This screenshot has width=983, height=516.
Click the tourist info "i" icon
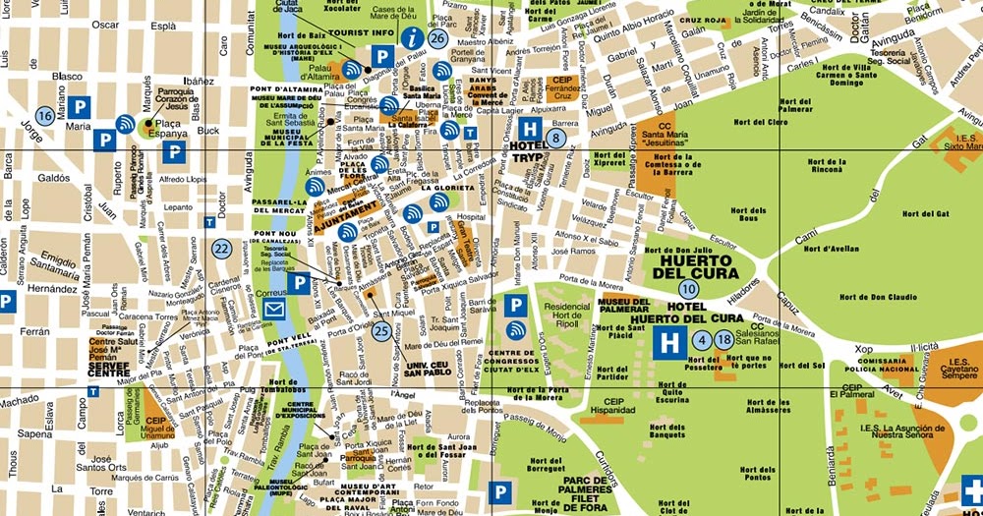tap(414, 38)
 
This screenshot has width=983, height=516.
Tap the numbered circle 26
tap(438, 38)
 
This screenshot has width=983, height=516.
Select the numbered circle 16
tap(44, 115)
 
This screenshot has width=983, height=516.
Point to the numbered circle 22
tap(222, 249)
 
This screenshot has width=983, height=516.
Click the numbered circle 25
tap(381, 331)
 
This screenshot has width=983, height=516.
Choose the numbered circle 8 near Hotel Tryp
tap(558, 138)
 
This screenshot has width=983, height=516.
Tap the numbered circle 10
tap(688, 288)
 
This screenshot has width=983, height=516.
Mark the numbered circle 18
tap(724, 340)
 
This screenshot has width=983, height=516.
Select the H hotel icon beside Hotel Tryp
tap(530, 129)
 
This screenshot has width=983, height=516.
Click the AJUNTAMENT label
tap(345, 209)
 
